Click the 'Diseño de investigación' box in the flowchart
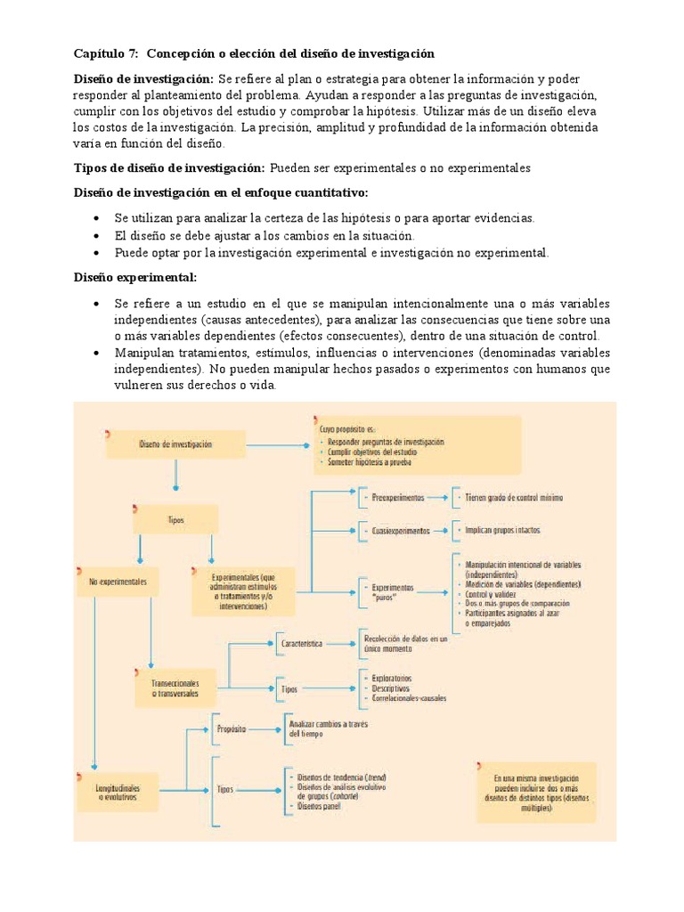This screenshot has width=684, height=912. pyautogui.click(x=175, y=444)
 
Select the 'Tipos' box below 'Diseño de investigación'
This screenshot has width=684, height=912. pyautogui.click(x=175, y=518)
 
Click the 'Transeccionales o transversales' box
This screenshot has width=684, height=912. pyautogui.click(x=175, y=687)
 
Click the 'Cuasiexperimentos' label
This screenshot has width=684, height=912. pyautogui.click(x=401, y=530)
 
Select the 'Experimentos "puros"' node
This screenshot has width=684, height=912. pyautogui.click(x=393, y=592)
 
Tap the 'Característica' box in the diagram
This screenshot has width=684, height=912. pyautogui.click(x=302, y=642)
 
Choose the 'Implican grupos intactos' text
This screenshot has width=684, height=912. pyautogui.click(x=502, y=530)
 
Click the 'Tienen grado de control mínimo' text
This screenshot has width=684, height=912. pyautogui.click(x=511, y=497)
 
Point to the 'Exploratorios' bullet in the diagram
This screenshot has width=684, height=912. pyautogui.click(x=389, y=678)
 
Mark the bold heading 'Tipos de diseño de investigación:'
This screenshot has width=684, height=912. pyautogui.click(x=168, y=167)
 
